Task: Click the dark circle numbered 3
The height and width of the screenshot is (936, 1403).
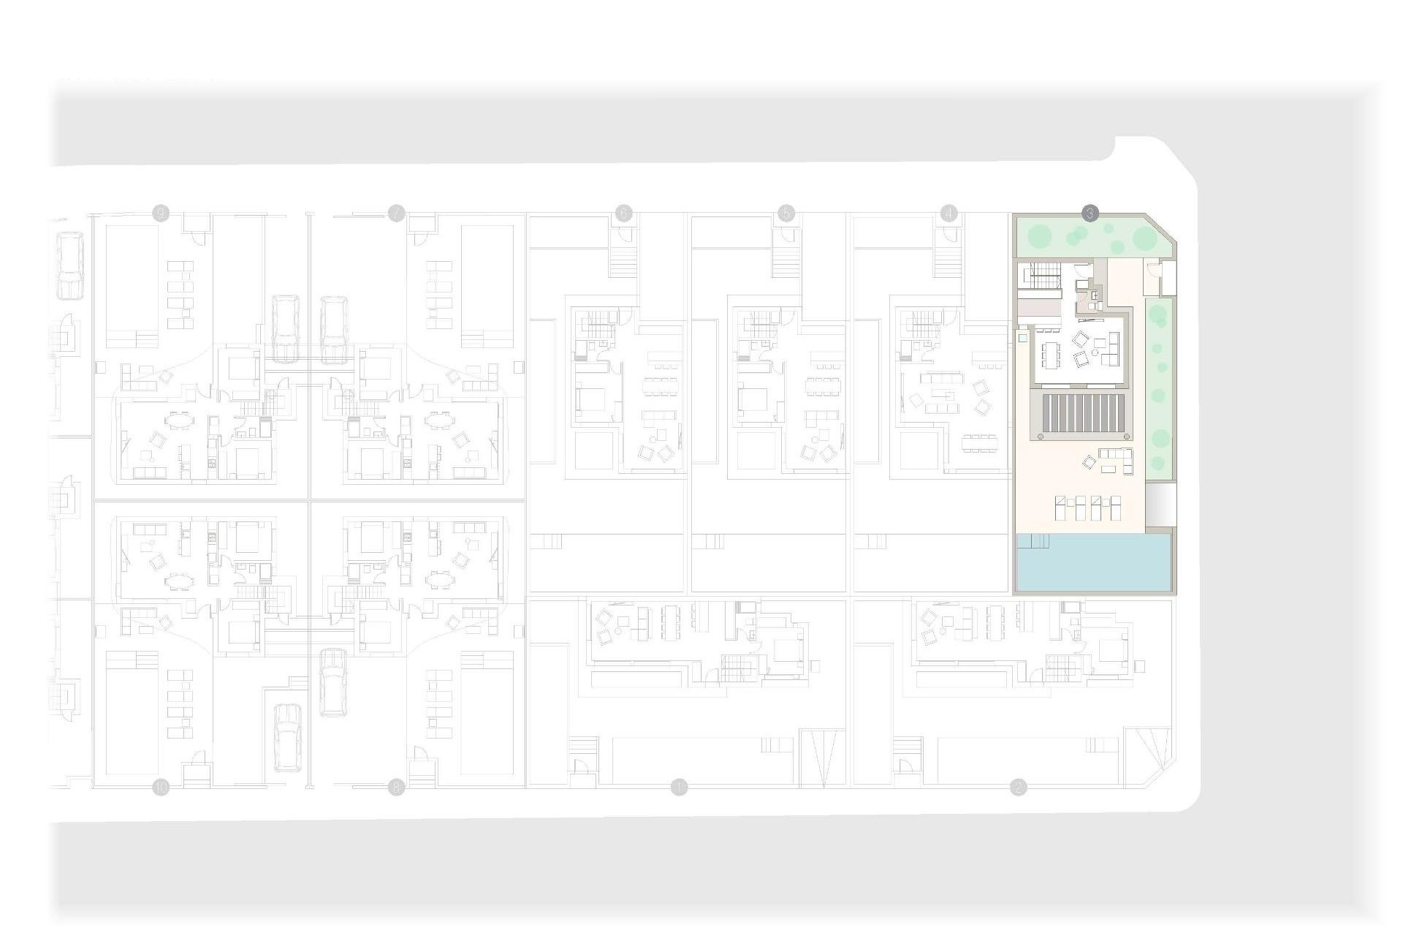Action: [1090, 214]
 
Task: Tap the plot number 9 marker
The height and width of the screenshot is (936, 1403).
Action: [161, 214]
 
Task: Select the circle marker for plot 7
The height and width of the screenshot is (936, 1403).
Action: [396, 214]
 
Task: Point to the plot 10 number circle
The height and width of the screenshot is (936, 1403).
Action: [161, 788]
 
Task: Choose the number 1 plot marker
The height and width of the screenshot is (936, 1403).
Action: [680, 788]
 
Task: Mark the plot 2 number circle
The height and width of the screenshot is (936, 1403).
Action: [1018, 788]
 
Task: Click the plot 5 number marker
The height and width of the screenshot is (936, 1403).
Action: [786, 214]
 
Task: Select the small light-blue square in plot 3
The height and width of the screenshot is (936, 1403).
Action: [1023, 339]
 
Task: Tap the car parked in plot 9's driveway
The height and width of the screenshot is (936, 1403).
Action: [285, 329]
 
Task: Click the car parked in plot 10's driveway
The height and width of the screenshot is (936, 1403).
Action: [286, 737]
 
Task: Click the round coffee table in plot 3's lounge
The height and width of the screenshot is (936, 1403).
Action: [1095, 352]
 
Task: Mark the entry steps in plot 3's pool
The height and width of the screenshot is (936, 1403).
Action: [1033, 541]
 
